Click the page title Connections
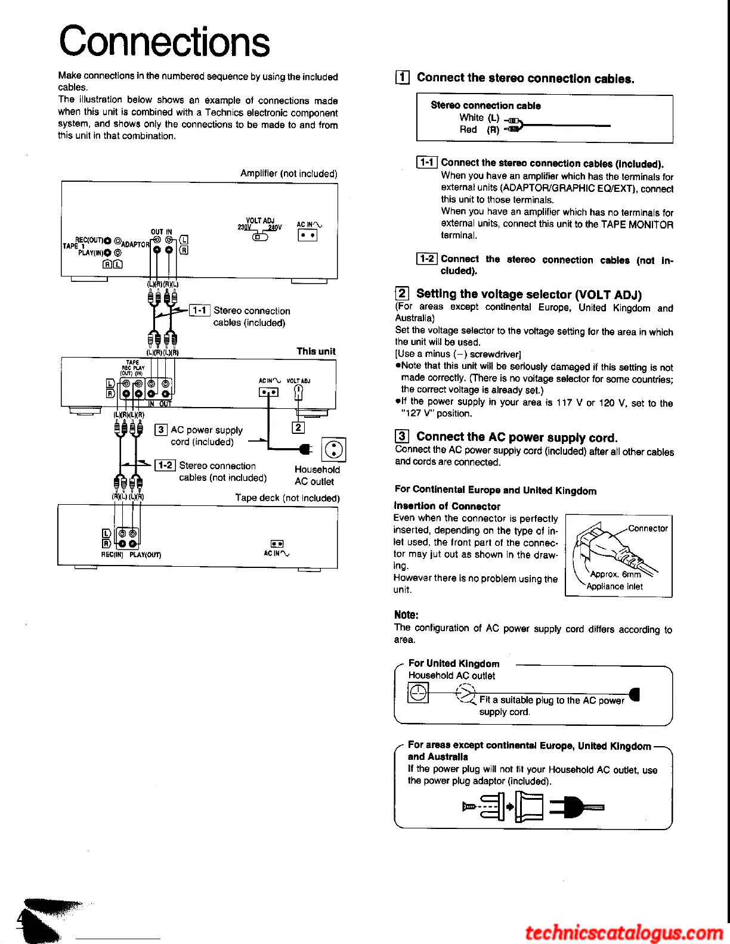tap(164, 41)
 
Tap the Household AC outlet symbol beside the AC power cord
tap(334, 449)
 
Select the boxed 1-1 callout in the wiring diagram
tap(199, 310)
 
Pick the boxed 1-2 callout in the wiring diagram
tap(165, 465)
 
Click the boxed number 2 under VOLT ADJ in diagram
tap(298, 427)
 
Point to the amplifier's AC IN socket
tap(307, 235)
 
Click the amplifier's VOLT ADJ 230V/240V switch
tap(260, 237)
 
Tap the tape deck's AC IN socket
tap(277, 544)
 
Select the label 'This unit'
tap(316, 351)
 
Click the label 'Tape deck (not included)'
tap(287, 498)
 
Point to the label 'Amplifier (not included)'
tap(289, 173)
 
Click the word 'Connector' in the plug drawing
tap(648, 528)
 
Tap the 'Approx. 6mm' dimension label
tap(615, 574)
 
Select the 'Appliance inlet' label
tap(614, 586)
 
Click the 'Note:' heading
tap(406, 614)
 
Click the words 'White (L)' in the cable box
tap(479, 117)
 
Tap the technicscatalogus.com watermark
tap(624, 931)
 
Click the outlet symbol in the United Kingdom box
tap(418, 693)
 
